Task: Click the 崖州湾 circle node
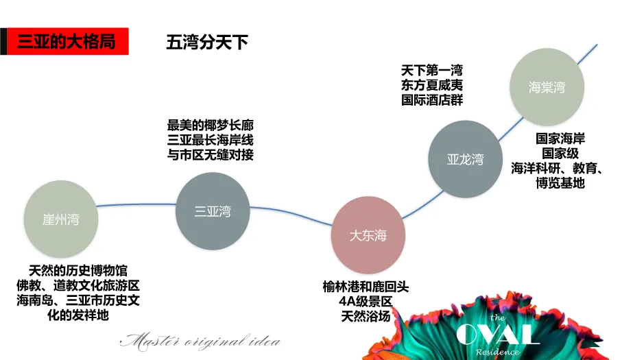click(60, 219)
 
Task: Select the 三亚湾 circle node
click(213, 211)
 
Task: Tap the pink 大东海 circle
click(368, 235)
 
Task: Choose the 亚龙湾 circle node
click(465, 159)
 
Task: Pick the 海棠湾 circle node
click(547, 87)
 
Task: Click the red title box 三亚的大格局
click(66, 41)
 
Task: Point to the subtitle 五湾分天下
click(206, 42)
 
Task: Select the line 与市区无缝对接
click(211, 155)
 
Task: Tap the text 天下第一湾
click(432, 71)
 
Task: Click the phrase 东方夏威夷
click(432, 85)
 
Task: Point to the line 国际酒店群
click(432, 100)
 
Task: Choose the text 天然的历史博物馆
click(78, 271)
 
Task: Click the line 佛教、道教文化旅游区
click(78, 286)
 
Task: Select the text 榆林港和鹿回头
click(366, 287)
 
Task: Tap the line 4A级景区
click(366, 302)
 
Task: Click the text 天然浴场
click(366, 316)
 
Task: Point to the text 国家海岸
click(560, 139)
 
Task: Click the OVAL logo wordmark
click(498, 334)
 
